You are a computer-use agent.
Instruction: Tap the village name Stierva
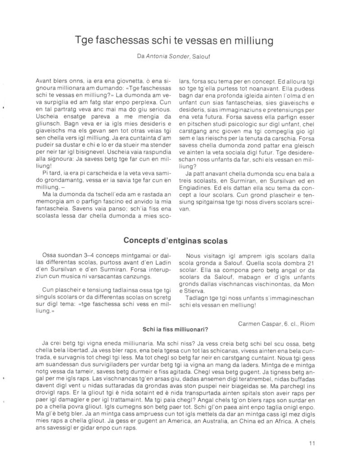pos(201,290)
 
